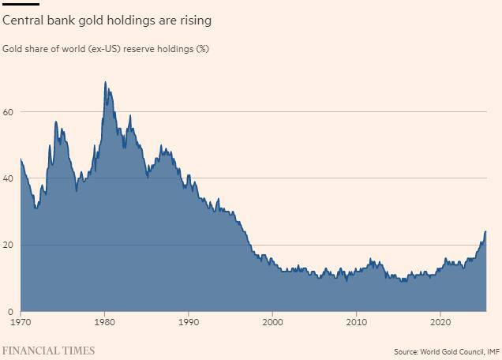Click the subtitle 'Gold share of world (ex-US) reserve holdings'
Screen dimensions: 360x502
106,49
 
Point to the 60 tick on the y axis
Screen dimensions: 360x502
8,112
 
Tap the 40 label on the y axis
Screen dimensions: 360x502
8,178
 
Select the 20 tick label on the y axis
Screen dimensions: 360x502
8,245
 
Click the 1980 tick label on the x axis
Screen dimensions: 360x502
105,322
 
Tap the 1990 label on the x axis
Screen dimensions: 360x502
189,322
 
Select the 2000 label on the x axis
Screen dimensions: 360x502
273,322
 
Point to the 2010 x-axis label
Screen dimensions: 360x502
357,322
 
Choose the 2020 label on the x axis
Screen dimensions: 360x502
440,322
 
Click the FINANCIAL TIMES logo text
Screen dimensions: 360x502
49,351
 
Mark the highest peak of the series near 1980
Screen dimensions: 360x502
105,82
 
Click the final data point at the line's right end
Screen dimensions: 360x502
485,232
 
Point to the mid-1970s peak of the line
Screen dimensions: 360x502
56,122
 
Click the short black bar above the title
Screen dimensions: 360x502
21,4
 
